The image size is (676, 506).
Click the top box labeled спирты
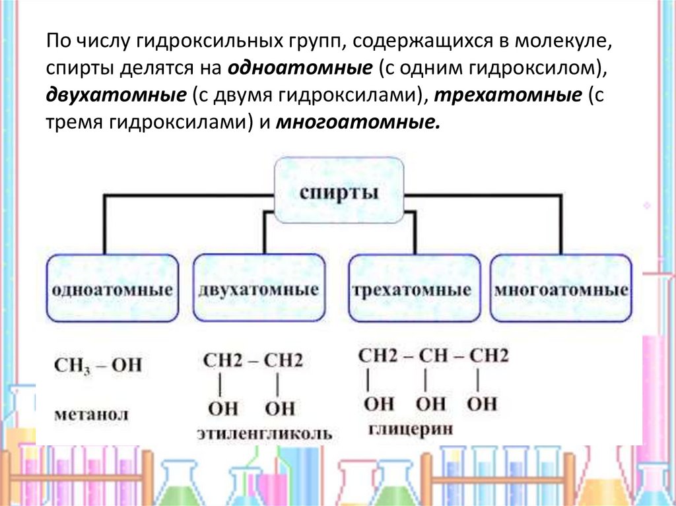click(x=339, y=190)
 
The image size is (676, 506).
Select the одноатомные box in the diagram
click(x=112, y=288)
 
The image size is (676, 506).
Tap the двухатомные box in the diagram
click(x=259, y=288)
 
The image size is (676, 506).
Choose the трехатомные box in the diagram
click(x=414, y=288)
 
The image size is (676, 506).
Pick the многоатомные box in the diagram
click(x=561, y=288)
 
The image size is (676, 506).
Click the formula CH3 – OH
click(x=98, y=365)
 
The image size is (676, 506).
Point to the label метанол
click(x=91, y=414)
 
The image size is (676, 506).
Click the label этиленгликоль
click(x=265, y=433)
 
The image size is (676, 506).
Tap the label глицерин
click(x=411, y=429)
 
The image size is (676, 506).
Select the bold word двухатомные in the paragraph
click(x=116, y=95)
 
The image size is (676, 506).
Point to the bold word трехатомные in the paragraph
click(x=508, y=95)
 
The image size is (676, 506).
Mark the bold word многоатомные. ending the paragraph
click(x=358, y=123)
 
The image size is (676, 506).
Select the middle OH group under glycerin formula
click(x=430, y=404)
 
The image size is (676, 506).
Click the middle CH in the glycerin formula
click(x=434, y=356)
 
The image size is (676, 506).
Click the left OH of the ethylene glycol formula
click(x=222, y=408)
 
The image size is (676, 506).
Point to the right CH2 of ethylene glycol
click(x=283, y=361)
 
